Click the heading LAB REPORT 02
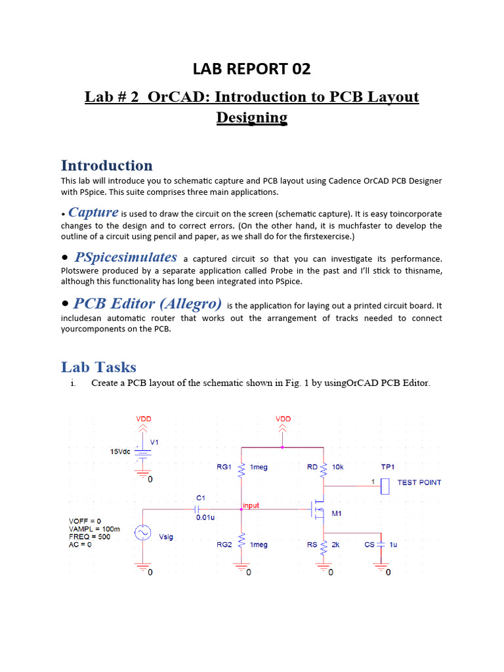click(x=251, y=68)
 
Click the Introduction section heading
click(x=106, y=165)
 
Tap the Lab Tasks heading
click(x=98, y=367)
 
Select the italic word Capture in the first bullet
click(x=93, y=213)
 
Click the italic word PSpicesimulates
click(x=126, y=257)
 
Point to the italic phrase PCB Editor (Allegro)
click(x=148, y=303)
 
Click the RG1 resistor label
click(x=224, y=467)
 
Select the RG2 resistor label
click(x=224, y=545)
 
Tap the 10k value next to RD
click(x=337, y=467)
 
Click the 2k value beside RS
click(x=335, y=545)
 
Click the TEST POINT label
click(x=419, y=482)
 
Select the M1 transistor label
click(x=336, y=514)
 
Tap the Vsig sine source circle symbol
click(x=143, y=533)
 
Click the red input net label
click(x=251, y=506)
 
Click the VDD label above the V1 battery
click(x=143, y=418)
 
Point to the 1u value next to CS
click(x=393, y=545)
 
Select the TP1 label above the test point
click(x=388, y=467)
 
